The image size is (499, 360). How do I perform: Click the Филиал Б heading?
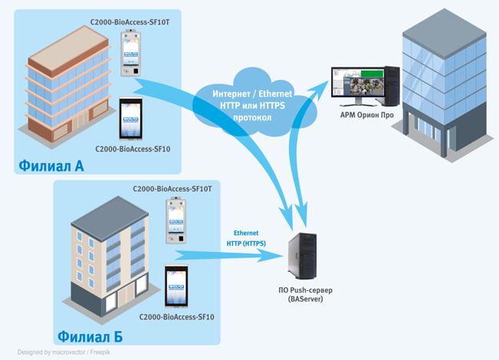point(89,336)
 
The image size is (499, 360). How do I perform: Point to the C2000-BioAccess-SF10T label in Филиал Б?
point(172,188)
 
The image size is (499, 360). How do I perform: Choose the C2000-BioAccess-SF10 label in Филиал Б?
point(176,316)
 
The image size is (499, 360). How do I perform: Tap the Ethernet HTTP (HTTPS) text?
point(246,238)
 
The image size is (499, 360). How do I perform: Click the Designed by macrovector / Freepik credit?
point(62,353)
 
